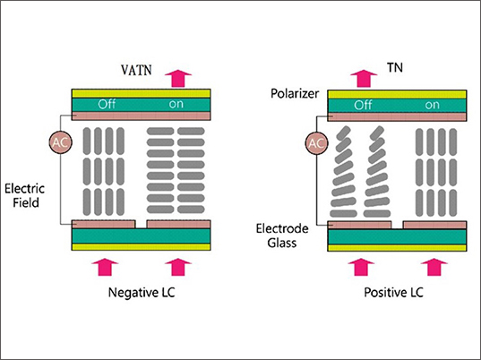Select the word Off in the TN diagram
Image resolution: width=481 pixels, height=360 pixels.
362,104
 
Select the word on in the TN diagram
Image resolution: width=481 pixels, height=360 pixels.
432,104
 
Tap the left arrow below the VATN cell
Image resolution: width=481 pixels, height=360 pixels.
107,266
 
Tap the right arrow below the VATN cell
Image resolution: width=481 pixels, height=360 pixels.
179,266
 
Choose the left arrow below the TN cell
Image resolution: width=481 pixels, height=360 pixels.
361,266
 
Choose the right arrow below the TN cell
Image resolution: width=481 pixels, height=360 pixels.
434,266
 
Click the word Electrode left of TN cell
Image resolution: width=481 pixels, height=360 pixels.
290,227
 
